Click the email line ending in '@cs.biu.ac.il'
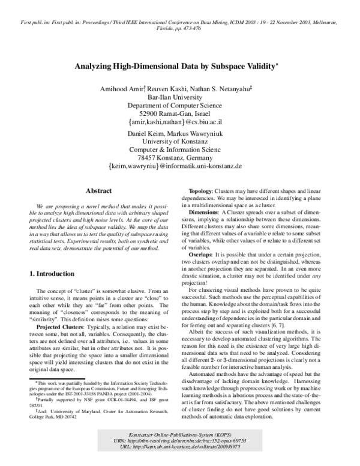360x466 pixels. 180,121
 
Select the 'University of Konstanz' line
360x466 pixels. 180,141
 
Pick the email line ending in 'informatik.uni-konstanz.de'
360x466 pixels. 180,165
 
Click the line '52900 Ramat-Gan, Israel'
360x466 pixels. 180,113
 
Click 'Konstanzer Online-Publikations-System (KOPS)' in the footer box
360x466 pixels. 180,434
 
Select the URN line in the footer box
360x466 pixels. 180,441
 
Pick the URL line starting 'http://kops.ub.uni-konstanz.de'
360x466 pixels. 180,447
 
